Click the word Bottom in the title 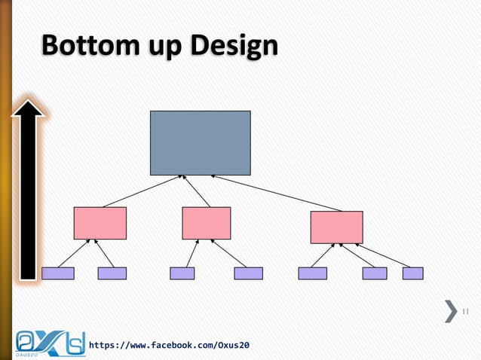click(86, 47)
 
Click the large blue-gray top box click(200, 142)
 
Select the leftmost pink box click(100, 223)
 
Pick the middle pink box click(206, 223)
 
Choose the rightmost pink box click(336, 227)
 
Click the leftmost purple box click(58, 273)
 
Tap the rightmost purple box click(412, 273)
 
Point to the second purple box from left click(112, 273)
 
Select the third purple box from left click(182, 273)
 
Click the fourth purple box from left click(248, 273)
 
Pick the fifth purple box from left click(312, 273)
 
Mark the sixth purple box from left click(375, 273)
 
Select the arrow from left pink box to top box click(142, 191)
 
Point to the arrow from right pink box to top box click(277, 193)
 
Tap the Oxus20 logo click(50, 342)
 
